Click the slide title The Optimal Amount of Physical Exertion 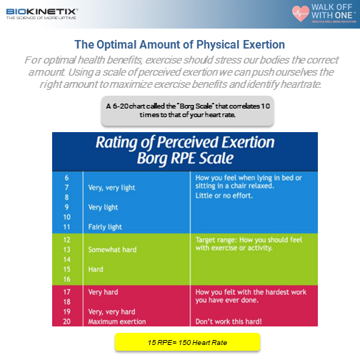179,44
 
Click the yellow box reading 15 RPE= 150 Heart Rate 187,343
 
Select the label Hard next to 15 95,270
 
